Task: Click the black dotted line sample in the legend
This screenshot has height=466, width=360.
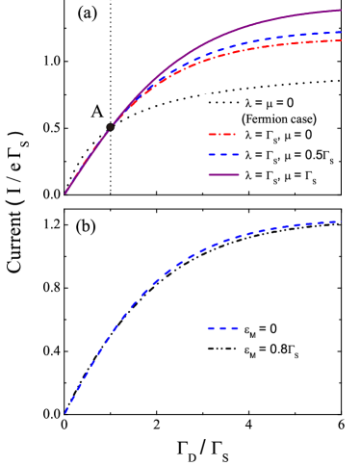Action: [x=220, y=102]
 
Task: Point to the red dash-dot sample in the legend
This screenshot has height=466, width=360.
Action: [x=220, y=135]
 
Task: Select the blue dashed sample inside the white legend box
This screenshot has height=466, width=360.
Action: [x=220, y=154]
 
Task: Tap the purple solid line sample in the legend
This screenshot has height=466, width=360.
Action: [x=220, y=175]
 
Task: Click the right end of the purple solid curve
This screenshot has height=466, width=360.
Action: [x=342, y=11]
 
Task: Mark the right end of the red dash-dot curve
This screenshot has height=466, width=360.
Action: [x=342, y=40]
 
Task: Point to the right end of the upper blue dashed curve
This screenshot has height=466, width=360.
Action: [x=342, y=32]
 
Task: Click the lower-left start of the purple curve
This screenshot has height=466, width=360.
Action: [x=66, y=192]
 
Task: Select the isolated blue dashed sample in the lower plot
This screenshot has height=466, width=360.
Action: [x=223, y=329]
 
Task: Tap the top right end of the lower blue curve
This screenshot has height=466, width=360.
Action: [x=340, y=221]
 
